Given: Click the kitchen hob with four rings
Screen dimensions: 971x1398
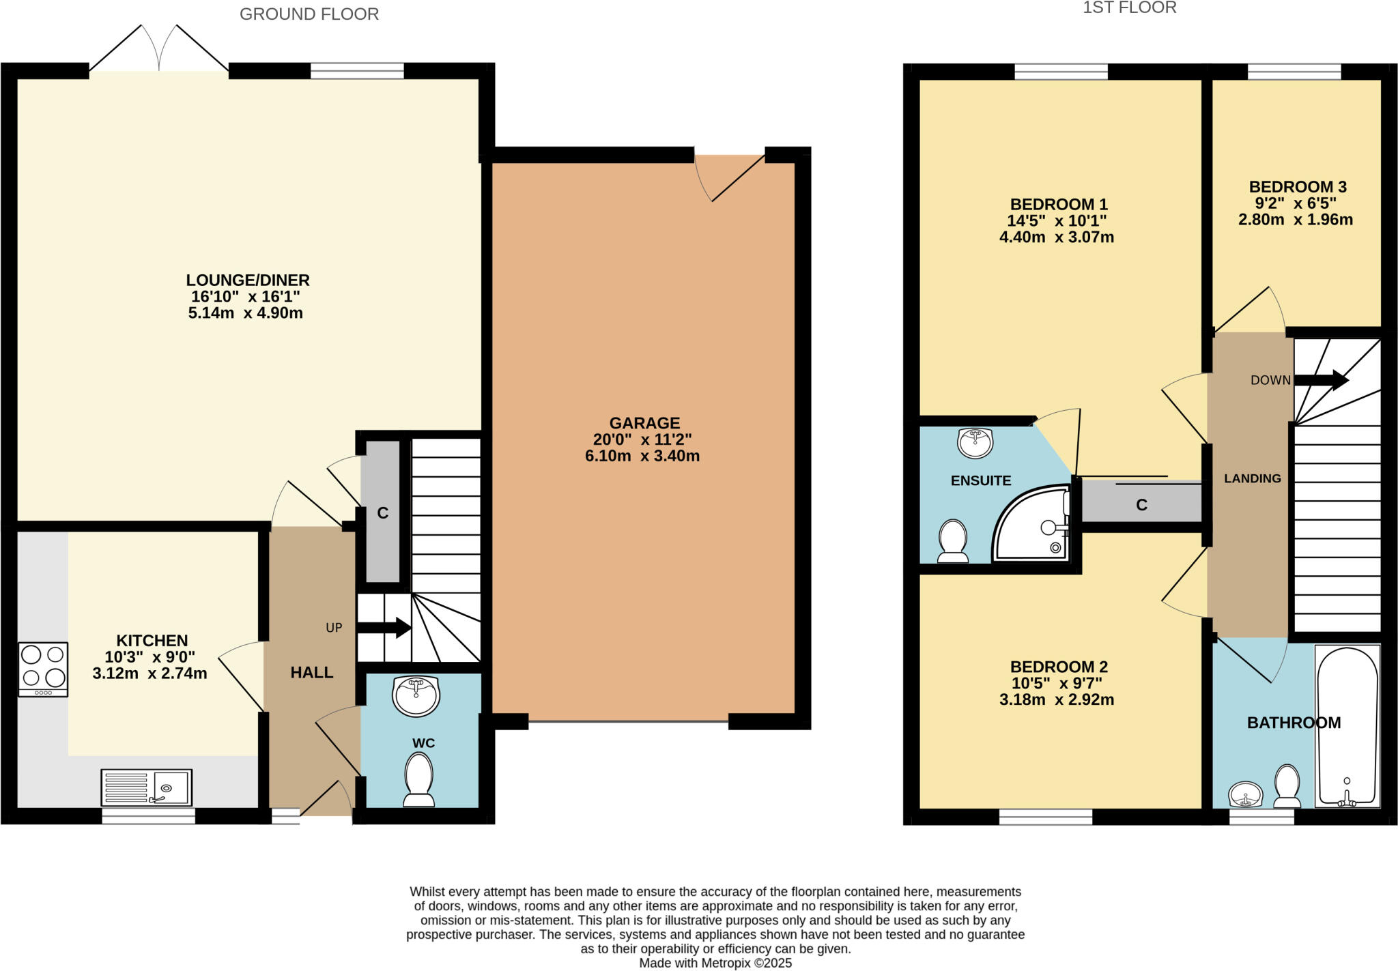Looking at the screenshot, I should coord(43,669).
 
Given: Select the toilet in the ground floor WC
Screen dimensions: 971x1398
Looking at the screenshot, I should coord(418,780).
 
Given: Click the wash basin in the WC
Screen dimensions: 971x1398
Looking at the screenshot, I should coord(416,696).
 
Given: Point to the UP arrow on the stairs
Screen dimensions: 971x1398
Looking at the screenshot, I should coord(384,628).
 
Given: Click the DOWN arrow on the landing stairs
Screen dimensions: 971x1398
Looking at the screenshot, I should coord(1320,381).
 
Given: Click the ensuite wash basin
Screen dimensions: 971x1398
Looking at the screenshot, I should coord(975,444).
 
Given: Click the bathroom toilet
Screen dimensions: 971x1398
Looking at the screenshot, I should coord(1287,786).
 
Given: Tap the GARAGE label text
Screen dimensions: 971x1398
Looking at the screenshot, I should coord(644,423).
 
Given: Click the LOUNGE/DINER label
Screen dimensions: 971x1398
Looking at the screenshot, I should coord(248,280).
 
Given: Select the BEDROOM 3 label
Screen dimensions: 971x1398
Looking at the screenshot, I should coord(1297,187).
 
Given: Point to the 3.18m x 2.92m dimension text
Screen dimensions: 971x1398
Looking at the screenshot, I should coord(1056,699).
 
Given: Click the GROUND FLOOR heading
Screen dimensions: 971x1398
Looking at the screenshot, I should coord(309,14).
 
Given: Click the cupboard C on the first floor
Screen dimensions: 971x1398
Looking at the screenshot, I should coord(1141,504).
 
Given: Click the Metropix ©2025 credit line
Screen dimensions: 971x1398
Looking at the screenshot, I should coord(715,963).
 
